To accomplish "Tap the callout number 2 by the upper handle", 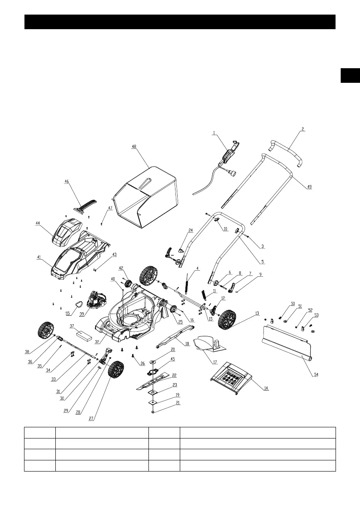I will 303,129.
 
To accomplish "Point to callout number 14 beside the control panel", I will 266,388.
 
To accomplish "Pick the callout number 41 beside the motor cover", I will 39,257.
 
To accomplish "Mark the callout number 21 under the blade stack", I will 178,403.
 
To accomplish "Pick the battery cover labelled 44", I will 68,232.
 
